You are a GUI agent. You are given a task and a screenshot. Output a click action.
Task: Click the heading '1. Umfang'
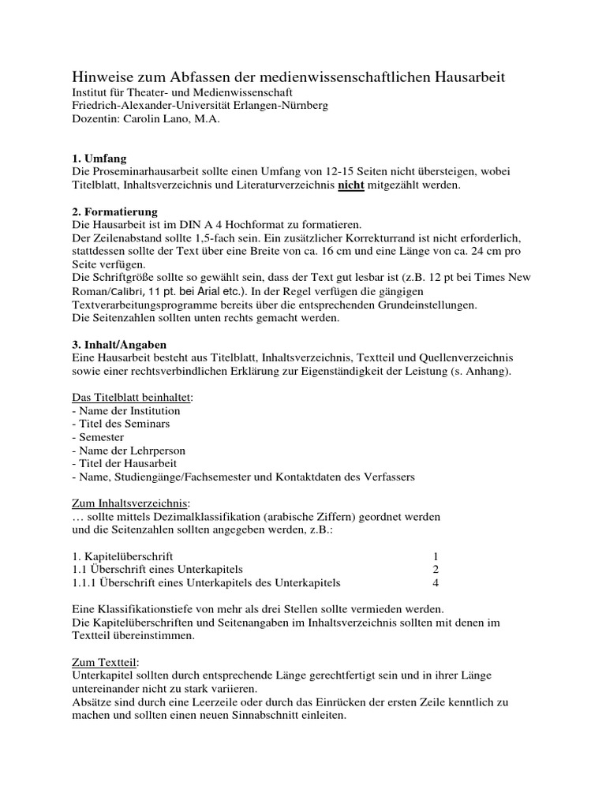[x=99, y=158]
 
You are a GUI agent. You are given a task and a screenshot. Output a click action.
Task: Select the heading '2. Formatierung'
[x=114, y=211]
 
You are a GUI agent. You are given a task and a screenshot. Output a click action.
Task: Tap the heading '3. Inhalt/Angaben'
[x=118, y=345]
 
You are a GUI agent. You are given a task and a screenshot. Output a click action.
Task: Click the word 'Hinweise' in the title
[x=100, y=77]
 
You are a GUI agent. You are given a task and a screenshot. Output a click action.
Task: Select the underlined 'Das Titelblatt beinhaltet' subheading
[x=132, y=397]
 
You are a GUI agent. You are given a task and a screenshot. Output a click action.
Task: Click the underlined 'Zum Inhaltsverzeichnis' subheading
[x=130, y=503]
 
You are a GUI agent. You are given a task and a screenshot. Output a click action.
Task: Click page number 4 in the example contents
[x=436, y=583]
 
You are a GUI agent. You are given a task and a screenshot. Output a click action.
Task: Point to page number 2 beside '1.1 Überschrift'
[x=436, y=570]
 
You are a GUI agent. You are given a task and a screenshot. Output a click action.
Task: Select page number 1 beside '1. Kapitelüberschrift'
[x=436, y=556]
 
